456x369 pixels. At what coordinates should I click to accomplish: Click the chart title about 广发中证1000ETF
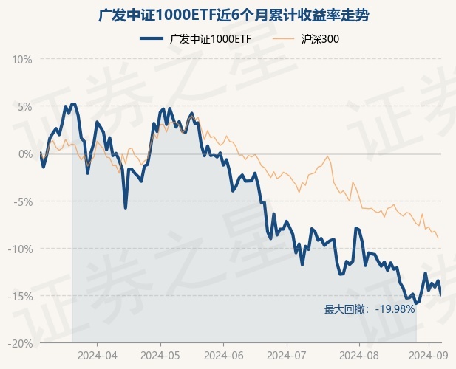228,15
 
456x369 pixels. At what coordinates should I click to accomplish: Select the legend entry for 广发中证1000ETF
197,38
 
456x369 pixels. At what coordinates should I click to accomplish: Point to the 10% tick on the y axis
21,59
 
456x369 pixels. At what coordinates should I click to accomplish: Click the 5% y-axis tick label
24,106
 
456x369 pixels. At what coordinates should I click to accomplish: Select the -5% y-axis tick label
22,201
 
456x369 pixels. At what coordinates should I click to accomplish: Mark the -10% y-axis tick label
20,249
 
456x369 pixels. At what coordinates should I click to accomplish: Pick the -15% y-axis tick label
20,296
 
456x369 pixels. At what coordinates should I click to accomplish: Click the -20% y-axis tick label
20,343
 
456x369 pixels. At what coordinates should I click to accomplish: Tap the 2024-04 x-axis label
98,354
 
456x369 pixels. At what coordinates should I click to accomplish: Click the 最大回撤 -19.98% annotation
370,309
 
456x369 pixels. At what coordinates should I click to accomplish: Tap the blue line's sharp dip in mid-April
126,208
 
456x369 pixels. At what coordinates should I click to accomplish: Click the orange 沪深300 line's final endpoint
438,238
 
